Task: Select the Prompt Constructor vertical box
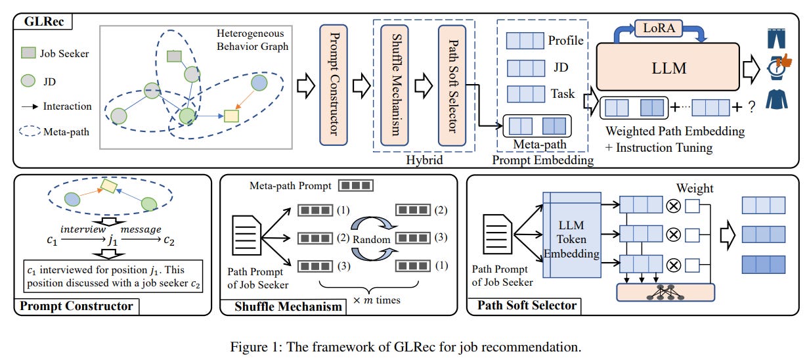pyautogui.click(x=336, y=84)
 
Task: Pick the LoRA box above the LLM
pyautogui.click(x=657, y=28)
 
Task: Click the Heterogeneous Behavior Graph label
pyautogui.click(x=253, y=40)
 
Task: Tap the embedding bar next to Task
pyautogui.click(x=525, y=94)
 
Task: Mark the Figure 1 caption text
pyautogui.click(x=404, y=347)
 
